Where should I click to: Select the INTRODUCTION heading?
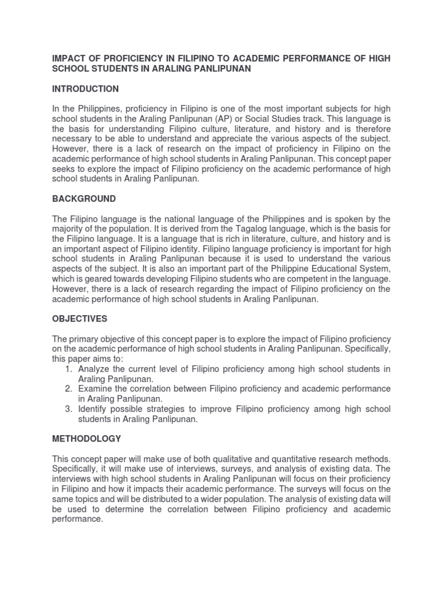coord(85,89)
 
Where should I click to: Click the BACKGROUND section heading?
coord(84,199)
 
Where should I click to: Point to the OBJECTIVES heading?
coord(80,319)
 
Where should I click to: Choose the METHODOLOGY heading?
coord(87,439)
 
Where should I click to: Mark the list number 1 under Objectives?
coord(68,369)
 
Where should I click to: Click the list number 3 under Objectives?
coord(68,409)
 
